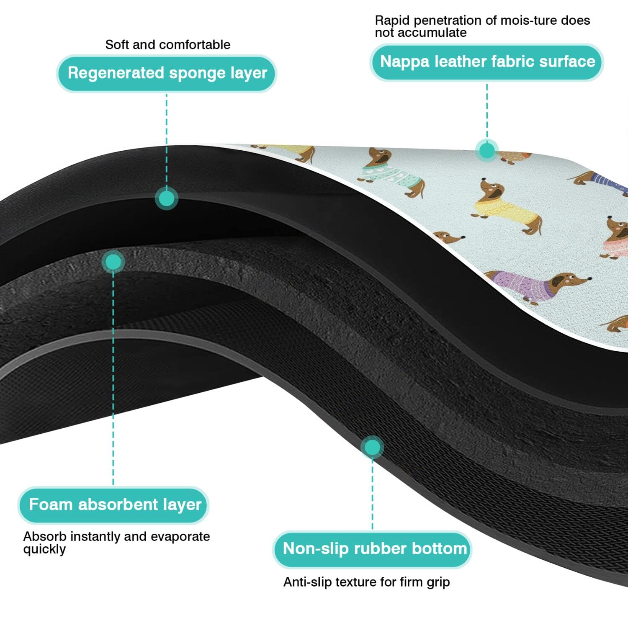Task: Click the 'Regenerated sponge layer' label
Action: [x=167, y=73]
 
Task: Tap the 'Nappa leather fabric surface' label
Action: [x=487, y=62]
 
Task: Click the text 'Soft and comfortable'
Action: [x=167, y=45]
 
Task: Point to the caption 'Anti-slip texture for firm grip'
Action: [x=366, y=582]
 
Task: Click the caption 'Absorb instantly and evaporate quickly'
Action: [x=116, y=543]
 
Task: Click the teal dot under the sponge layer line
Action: [x=167, y=198]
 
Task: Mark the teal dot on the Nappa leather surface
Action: [x=486, y=150]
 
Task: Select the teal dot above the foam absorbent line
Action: [x=113, y=262]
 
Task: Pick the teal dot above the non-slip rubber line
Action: [x=372, y=448]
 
